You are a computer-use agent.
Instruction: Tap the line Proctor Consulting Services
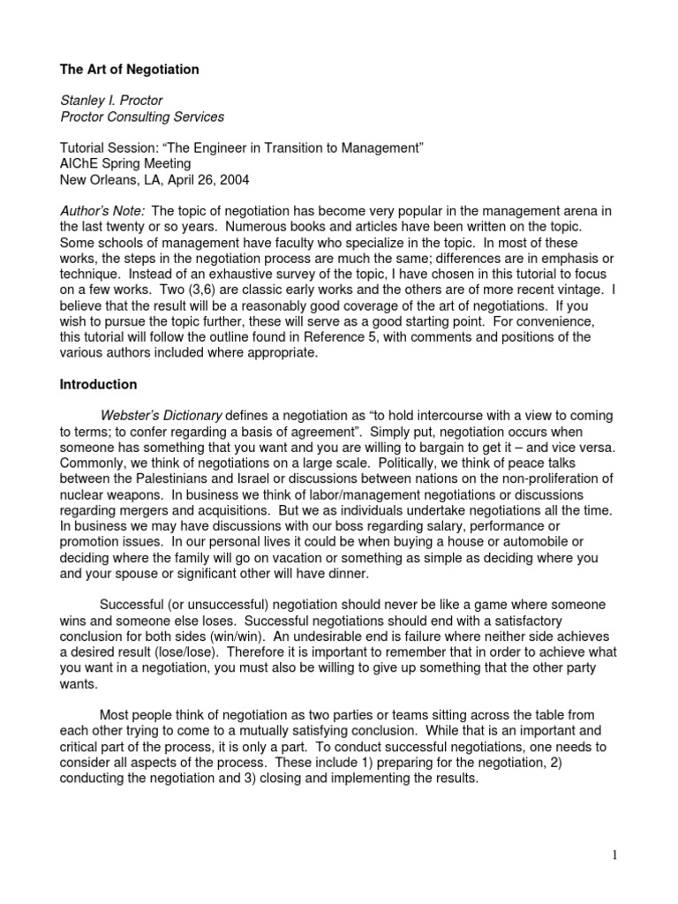click(x=141, y=117)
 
